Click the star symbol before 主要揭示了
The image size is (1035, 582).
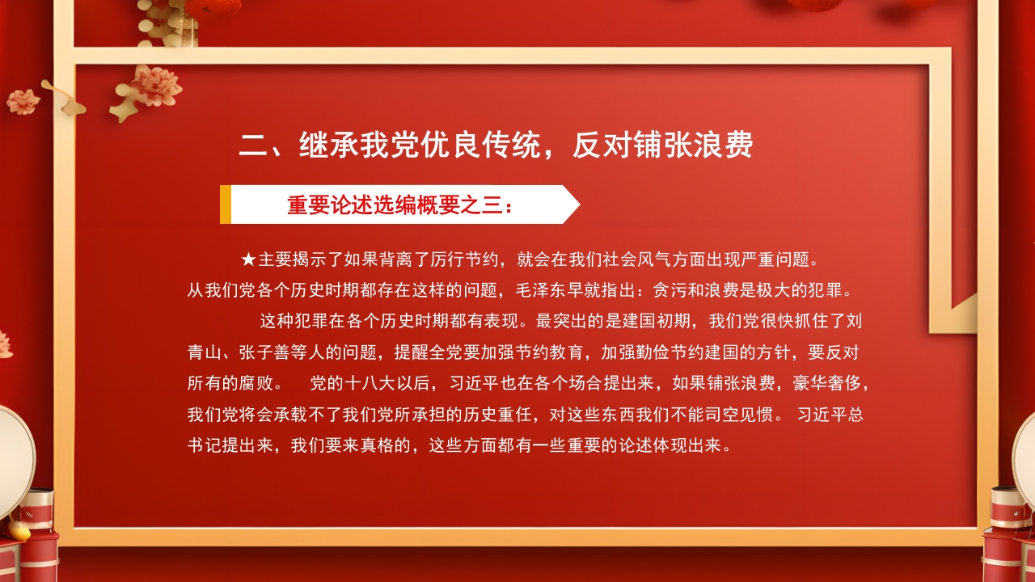pyautogui.click(x=248, y=260)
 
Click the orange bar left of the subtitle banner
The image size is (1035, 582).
pyautogui.click(x=226, y=205)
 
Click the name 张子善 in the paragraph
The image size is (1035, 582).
pyautogui.click(x=268, y=352)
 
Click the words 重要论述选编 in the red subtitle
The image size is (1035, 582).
pyautogui.click(x=352, y=205)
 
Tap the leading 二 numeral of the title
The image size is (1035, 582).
pyautogui.click(x=253, y=145)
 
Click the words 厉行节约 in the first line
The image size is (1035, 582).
pyautogui.click(x=459, y=260)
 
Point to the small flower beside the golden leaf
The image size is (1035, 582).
pyautogui.click(x=23, y=101)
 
